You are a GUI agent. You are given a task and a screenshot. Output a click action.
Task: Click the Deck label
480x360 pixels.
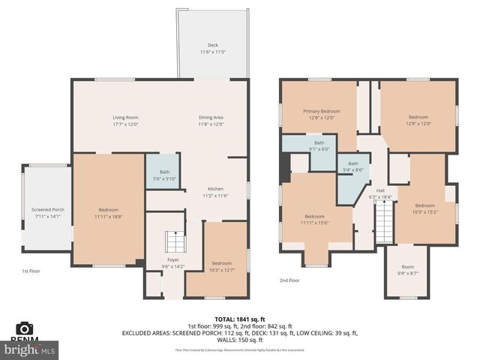point(213,46)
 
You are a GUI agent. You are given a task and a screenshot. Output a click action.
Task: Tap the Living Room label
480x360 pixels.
point(126,118)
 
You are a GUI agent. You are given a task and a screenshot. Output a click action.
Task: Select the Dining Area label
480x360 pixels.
point(211,118)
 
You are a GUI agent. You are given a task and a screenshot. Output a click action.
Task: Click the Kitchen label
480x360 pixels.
point(216,189)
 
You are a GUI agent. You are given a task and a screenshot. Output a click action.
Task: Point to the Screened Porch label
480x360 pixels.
point(47,209)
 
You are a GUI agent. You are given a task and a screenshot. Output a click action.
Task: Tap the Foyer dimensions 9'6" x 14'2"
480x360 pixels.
point(173,266)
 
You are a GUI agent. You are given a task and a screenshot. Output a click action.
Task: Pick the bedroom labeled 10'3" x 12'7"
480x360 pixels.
point(221,267)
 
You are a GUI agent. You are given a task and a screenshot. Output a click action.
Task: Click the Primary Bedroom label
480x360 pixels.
point(321,112)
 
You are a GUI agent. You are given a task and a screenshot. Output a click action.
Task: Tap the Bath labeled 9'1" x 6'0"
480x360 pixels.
point(319,145)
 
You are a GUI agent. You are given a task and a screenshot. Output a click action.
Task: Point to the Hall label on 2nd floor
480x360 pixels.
point(380,190)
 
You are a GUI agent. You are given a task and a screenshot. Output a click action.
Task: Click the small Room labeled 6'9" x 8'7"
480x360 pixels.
point(407,270)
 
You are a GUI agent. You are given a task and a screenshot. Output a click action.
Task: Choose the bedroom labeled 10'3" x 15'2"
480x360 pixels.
point(425,208)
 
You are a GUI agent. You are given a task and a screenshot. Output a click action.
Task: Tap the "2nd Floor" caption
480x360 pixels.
point(289,280)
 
